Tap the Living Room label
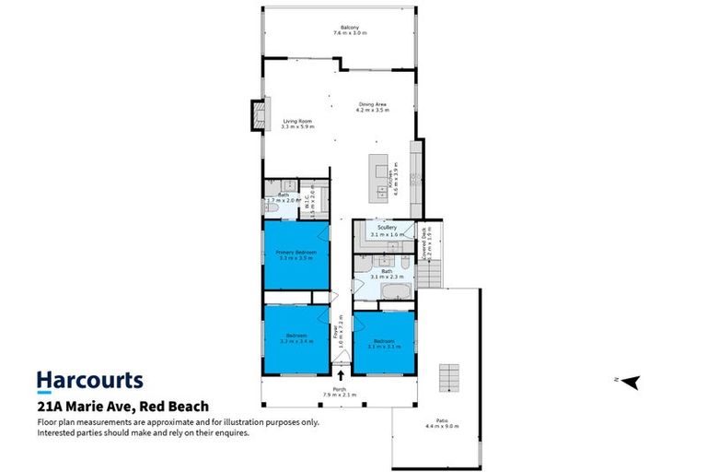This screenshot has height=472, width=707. tap(298, 121)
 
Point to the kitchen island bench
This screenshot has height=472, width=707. tap(377, 176)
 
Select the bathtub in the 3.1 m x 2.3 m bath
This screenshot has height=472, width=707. tap(399, 292)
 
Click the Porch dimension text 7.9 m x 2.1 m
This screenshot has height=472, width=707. tap(340, 395)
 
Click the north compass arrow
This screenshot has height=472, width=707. tap(631, 382)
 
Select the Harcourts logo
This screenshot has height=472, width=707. tap(89, 380)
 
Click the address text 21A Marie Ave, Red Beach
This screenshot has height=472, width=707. tap(122, 406)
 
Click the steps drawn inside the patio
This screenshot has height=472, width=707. tap(449, 377)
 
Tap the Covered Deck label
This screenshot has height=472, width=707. tap(426, 242)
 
